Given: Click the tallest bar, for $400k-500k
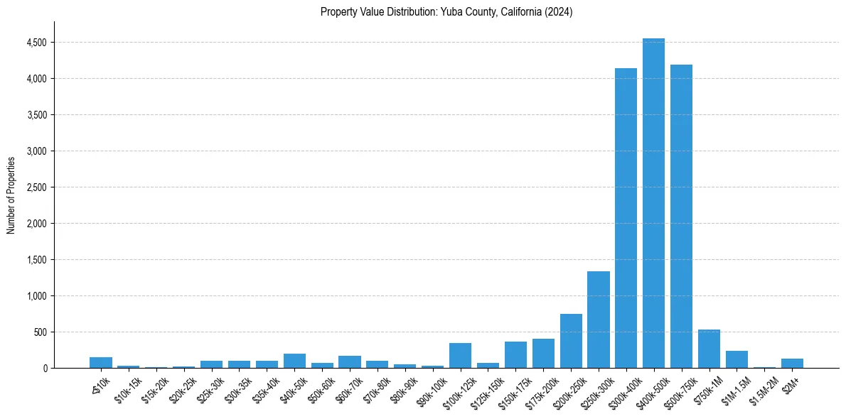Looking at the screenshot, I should (x=653, y=206).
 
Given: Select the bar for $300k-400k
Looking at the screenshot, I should (x=626, y=220).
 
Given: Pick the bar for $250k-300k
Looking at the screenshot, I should (x=598, y=320).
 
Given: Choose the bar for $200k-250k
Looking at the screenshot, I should (x=571, y=342).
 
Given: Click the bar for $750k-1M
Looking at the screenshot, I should (x=709, y=349).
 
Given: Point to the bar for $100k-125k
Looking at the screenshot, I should (x=460, y=356).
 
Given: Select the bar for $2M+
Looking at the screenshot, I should (x=792, y=364).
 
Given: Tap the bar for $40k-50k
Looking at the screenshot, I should (x=294, y=361).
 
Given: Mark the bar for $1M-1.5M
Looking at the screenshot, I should (x=737, y=359).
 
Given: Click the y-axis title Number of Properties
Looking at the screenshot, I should (x=11, y=195).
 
